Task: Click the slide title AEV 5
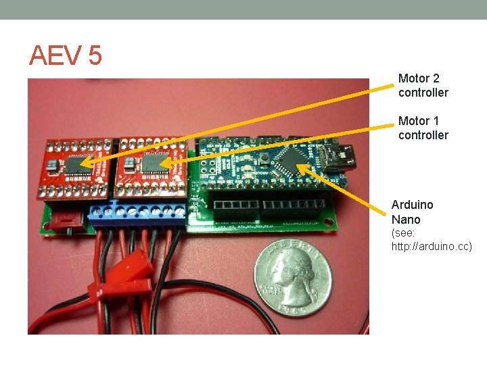65,55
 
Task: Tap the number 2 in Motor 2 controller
436,78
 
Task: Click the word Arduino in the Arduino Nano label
412,204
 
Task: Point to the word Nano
406,220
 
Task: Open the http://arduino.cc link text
432,247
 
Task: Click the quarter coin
294,279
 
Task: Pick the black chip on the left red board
76,163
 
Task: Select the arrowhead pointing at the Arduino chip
302,166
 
